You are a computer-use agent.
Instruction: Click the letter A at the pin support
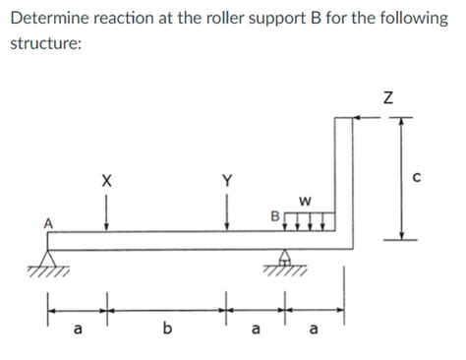coord(46,222)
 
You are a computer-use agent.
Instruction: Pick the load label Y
coord(228,180)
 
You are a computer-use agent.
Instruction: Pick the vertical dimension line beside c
coord(401,177)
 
